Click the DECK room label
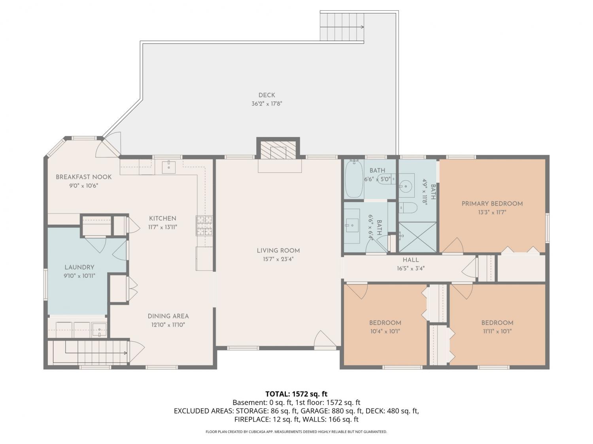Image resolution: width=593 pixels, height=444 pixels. [266, 95]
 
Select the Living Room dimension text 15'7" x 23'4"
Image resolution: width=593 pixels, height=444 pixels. [278, 259]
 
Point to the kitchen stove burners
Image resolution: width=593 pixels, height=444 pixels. [204, 226]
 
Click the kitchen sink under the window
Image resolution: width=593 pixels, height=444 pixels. [169, 167]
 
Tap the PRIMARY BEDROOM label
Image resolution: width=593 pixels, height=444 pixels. [492, 204]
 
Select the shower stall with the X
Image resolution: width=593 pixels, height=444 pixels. [417, 237]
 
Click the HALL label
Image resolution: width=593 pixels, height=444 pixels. [411, 260]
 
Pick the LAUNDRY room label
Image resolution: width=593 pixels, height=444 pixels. [79, 267]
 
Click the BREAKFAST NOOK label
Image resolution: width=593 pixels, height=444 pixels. [83, 177]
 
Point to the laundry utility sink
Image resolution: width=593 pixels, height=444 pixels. [99, 330]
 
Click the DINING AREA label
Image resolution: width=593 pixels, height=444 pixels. [168, 316]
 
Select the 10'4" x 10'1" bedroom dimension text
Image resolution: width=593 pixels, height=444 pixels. [385, 331]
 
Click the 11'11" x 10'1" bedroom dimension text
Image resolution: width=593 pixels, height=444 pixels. [497, 331]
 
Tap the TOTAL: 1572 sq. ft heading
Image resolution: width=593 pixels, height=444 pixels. [296, 394]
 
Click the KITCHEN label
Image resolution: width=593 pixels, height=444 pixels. [162, 218]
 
